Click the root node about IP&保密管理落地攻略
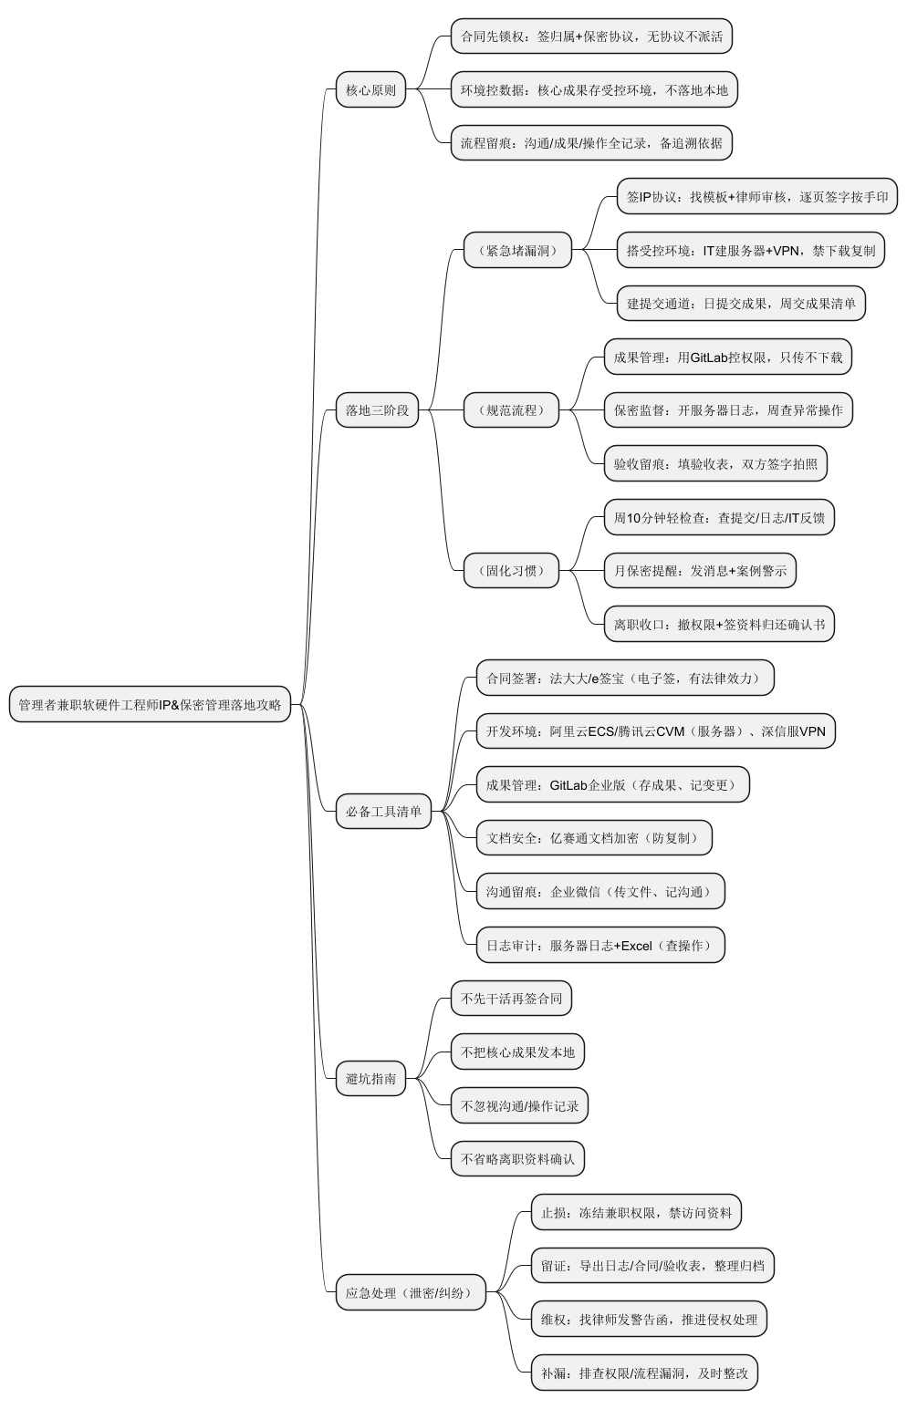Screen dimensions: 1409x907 click(x=150, y=704)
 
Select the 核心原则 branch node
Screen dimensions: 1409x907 click(x=370, y=90)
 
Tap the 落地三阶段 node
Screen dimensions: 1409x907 click(x=377, y=410)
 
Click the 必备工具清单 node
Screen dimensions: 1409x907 click(x=383, y=812)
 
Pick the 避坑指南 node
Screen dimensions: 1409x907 click(x=370, y=1079)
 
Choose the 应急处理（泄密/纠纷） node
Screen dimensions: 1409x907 click(x=411, y=1292)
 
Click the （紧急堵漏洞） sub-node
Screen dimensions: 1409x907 click(x=517, y=250)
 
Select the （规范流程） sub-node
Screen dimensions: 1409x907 click(x=511, y=410)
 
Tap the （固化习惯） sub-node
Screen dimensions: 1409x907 click(x=511, y=571)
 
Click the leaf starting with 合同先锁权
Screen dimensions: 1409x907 click(x=591, y=36)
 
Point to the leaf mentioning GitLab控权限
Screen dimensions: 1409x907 click(x=727, y=357)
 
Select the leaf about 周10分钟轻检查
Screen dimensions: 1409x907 click(x=719, y=518)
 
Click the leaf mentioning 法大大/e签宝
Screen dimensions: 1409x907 click(x=625, y=679)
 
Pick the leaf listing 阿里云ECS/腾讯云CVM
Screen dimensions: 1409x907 click(x=655, y=731)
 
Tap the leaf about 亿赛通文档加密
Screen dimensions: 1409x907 click(x=593, y=838)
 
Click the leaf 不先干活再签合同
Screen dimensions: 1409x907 click(x=511, y=999)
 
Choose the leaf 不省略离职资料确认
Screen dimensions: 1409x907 click(x=517, y=1159)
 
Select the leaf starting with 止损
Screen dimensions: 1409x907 click(x=636, y=1213)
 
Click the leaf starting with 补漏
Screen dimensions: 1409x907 click(x=644, y=1373)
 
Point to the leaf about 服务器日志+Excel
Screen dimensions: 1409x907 click(x=599, y=946)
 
